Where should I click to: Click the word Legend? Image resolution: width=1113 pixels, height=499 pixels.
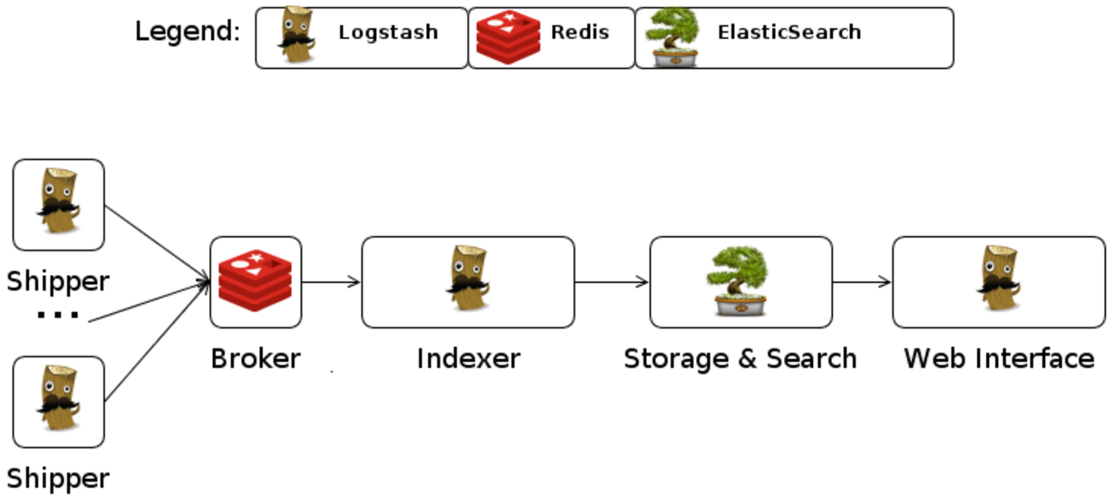tap(188, 33)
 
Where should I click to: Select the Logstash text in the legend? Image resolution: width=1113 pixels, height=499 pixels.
tap(388, 33)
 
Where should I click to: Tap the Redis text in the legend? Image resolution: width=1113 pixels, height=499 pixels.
tap(580, 33)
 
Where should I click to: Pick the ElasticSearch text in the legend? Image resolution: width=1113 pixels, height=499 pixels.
tap(789, 33)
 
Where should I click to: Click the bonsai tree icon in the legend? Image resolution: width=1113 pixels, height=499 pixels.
tap(673, 37)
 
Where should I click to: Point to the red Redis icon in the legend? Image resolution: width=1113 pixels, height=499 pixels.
tap(508, 37)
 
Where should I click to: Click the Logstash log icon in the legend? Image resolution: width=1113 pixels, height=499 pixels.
tap(295, 36)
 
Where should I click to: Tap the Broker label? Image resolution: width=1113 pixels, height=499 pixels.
tap(255, 358)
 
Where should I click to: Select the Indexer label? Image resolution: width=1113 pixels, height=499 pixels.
tap(468, 358)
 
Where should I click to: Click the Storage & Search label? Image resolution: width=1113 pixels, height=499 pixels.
tap(740, 358)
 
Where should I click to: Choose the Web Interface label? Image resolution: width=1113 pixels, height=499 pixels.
tap(999, 358)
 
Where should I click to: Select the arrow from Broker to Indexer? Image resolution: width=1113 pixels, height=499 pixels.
tap(331, 282)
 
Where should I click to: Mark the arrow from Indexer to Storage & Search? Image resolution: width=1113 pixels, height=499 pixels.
tap(612, 282)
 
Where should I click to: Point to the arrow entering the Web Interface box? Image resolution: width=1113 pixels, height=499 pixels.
tap(862, 282)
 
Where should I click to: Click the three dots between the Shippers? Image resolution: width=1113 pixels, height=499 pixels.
tap(58, 316)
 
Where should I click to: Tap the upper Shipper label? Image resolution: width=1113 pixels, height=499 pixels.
tap(58, 281)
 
